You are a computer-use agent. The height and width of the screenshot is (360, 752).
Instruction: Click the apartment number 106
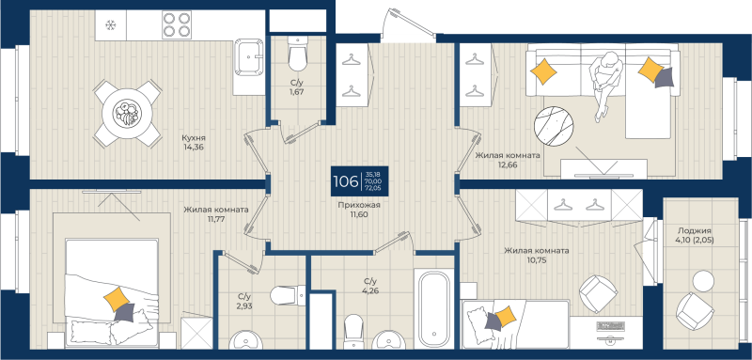[345, 180]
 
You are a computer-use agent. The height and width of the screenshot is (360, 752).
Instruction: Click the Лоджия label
[694, 230]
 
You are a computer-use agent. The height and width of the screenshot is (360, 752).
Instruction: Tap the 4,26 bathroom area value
[369, 291]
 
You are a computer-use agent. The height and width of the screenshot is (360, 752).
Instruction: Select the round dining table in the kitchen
[125, 113]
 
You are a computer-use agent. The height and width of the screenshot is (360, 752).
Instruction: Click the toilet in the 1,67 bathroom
[297, 55]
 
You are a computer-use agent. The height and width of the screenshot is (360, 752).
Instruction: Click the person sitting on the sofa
[606, 81]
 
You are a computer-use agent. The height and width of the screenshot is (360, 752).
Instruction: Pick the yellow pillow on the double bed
[117, 300]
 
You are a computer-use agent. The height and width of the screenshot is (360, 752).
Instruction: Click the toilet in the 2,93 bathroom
[283, 297]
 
